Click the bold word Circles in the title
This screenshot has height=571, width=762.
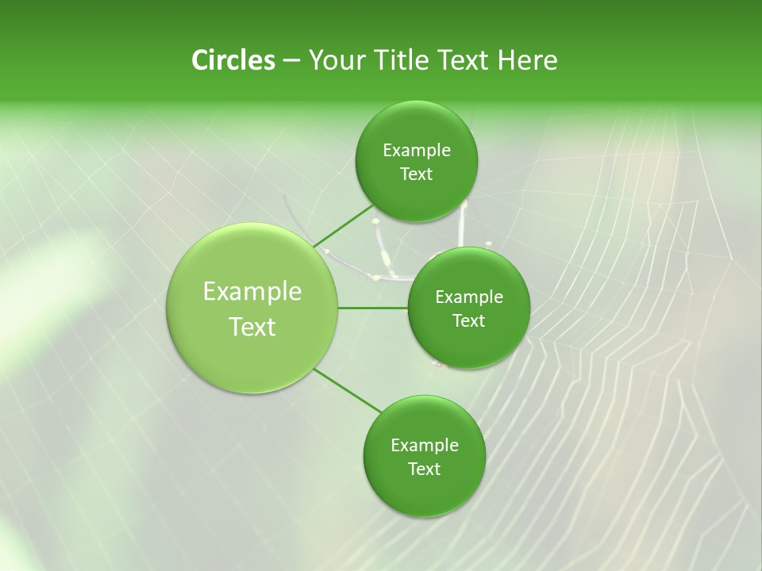tap(233, 60)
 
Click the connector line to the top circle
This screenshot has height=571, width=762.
tap(344, 226)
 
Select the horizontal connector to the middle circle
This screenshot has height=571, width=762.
tap(372, 308)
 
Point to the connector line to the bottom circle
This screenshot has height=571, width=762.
tap(348, 391)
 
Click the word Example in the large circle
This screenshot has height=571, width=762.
tap(252, 292)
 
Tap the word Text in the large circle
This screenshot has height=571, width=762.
tap(252, 327)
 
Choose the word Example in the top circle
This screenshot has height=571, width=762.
tap(417, 151)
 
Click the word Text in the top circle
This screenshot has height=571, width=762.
tap(416, 174)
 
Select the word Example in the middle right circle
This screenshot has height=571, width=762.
tap(469, 297)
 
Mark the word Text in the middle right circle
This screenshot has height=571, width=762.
tap(468, 321)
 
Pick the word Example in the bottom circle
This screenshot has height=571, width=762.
tap(425, 446)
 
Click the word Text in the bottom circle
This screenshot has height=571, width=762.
tap(424, 469)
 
